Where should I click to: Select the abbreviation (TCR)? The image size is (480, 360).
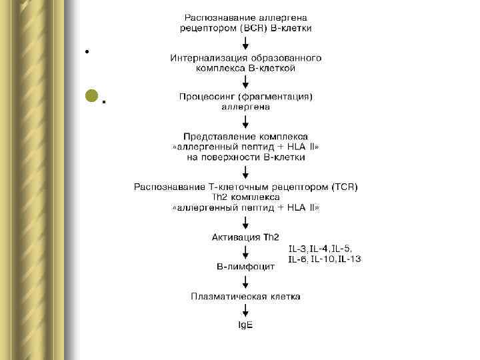pyautogui.click(x=343, y=187)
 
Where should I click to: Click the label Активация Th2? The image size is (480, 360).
pyautogui.click(x=245, y=237)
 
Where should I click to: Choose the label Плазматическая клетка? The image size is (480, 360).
pyautogui.click(x=245, y=295)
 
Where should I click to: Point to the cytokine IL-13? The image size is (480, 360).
pyautogui.click(x=349, y=259)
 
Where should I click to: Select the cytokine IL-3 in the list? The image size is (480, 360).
pyautogui.click(x=298, y=249)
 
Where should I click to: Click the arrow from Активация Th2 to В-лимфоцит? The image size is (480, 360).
pyautogui.click(x=246, y=251)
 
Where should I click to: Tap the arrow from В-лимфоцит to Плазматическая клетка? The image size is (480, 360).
pyautogui.click(x=246, y=281)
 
